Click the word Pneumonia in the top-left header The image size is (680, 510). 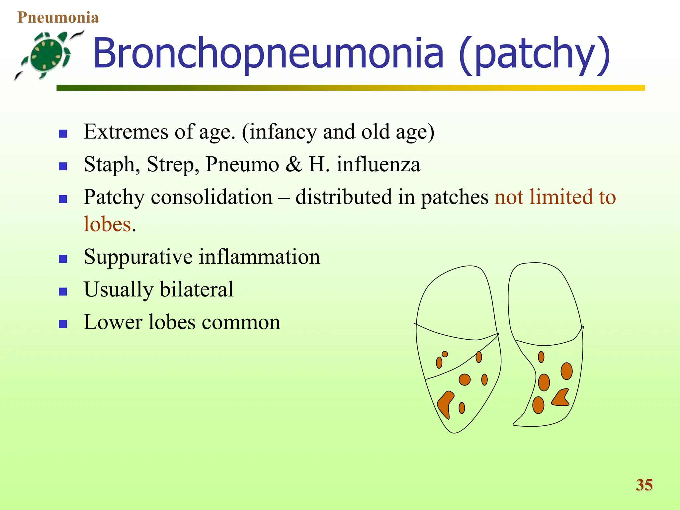tap(58, 18)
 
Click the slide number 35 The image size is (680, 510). tap(644, 485)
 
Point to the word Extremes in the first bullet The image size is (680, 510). tap(126, 131)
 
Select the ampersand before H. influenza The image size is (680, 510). tap(294, 164)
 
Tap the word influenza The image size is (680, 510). tap(378, 164)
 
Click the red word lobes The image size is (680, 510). tap(107, 224)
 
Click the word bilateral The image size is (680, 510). tap(197, 289)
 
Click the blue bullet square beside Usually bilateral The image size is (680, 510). tap(63, 292)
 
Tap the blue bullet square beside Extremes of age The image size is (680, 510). tap(63, 134)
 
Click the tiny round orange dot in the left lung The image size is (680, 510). tap(445, 354)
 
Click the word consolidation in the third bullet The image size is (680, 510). tap(212, 197)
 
